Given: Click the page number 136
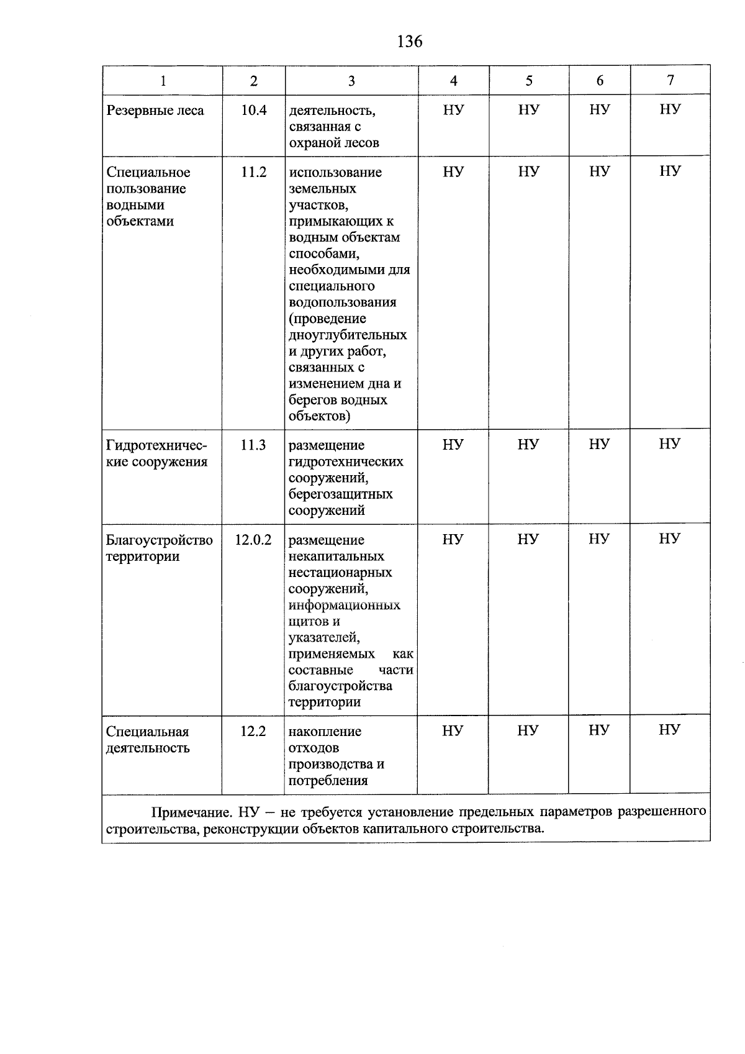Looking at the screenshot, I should pos(410,42).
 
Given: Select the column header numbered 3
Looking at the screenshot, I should pos(351,81).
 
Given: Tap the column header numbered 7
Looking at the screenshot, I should pos(670,80).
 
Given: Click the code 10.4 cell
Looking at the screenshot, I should pos(253,111).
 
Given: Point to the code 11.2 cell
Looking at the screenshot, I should pos(253,172).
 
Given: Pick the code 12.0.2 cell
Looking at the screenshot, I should pos(253,540).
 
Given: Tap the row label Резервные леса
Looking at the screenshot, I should pos(155,111).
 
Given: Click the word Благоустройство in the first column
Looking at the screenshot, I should pos(159,540).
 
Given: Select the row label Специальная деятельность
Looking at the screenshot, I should pos(148,740).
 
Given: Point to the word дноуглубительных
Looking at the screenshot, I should pos(348,335).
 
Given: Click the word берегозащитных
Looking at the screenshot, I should pos(340,494).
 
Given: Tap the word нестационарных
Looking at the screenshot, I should pos(340,573).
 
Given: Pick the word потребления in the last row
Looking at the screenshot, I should pos(328,781).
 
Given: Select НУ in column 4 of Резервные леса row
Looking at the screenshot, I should pos(453,111).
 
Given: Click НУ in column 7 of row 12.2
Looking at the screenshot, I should pos(669,730).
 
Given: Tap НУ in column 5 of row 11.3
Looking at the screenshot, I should pos(528,445).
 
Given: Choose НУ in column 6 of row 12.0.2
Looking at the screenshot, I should pos(598,539).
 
